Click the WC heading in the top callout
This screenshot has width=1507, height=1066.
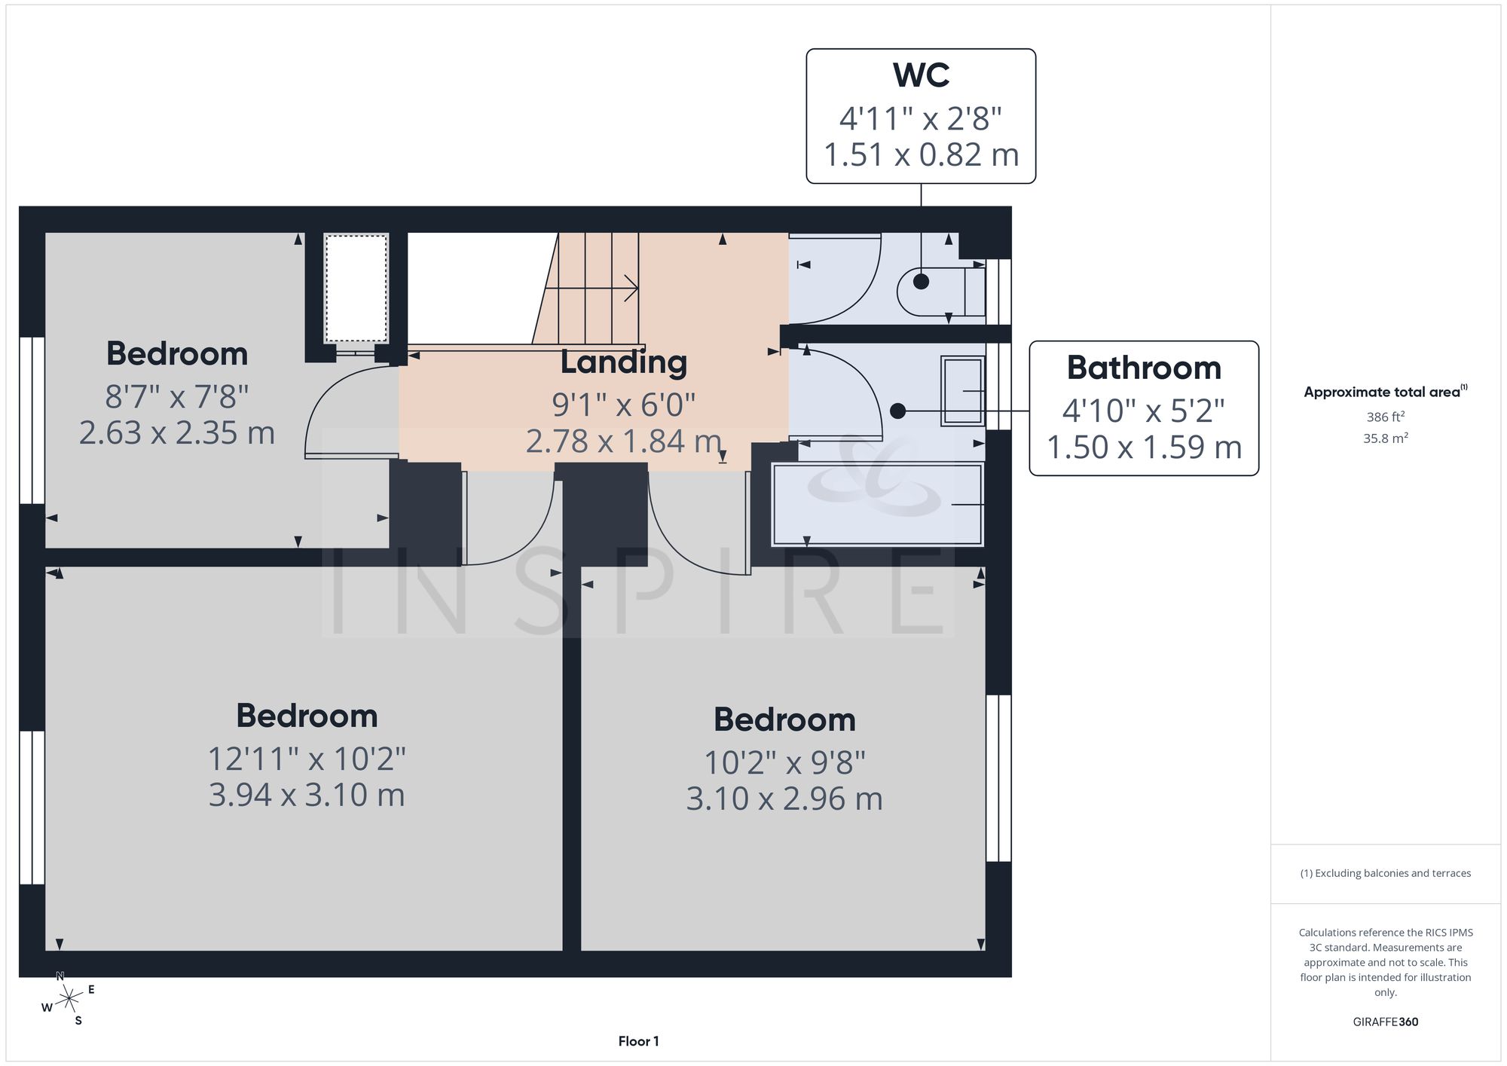pos(921,75)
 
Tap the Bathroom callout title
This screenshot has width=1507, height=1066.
pos(1144,368)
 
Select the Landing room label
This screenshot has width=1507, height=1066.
pos(624,362)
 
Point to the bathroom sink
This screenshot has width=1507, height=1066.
pos(963,391)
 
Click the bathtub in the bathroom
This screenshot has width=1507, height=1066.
pos(878,503)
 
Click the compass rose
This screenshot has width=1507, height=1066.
pos(69,999)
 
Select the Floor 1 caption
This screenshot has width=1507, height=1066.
pos(638,1041)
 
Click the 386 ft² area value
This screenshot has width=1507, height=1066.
pos(1385,417)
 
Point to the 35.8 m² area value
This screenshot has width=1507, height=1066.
pos(1385,438)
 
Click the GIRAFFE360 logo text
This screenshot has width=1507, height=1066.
pos(1385,1022)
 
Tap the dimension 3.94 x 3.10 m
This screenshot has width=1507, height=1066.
pos(307,795)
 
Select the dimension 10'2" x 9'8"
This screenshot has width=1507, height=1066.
pos(784,763)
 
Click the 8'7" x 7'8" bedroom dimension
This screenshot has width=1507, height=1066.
pos(177,396)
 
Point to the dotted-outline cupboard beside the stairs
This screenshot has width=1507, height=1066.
pos(356,288)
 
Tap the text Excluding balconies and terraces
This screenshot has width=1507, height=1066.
pos(1392,873)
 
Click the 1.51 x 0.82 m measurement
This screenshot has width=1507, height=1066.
pos(921,154)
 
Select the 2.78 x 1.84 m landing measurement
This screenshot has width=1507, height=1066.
pos(624,441)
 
